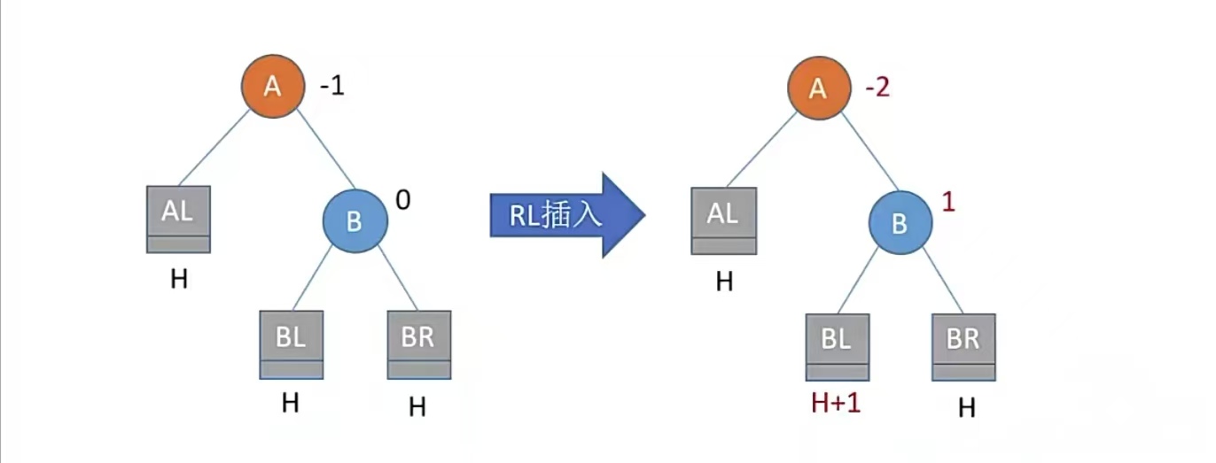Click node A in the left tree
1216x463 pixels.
pos(272,86)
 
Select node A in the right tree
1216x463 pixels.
pos(818,89)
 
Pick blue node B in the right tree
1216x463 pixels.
pos(900,223)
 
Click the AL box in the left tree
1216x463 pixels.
pos(178,219)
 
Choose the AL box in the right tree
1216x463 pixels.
pos(723,220)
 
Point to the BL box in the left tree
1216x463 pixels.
pos(291,343)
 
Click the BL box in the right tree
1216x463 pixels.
pos(837,346)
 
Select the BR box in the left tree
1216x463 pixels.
pos(418,343)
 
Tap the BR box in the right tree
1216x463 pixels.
pos(963,346)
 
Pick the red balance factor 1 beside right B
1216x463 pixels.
pos(948,202)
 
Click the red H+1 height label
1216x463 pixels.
pos(836,404)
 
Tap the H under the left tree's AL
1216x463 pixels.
pos(179,280)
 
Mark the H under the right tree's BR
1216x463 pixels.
pos(966,408)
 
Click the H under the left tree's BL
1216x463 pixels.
pos(290,403)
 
